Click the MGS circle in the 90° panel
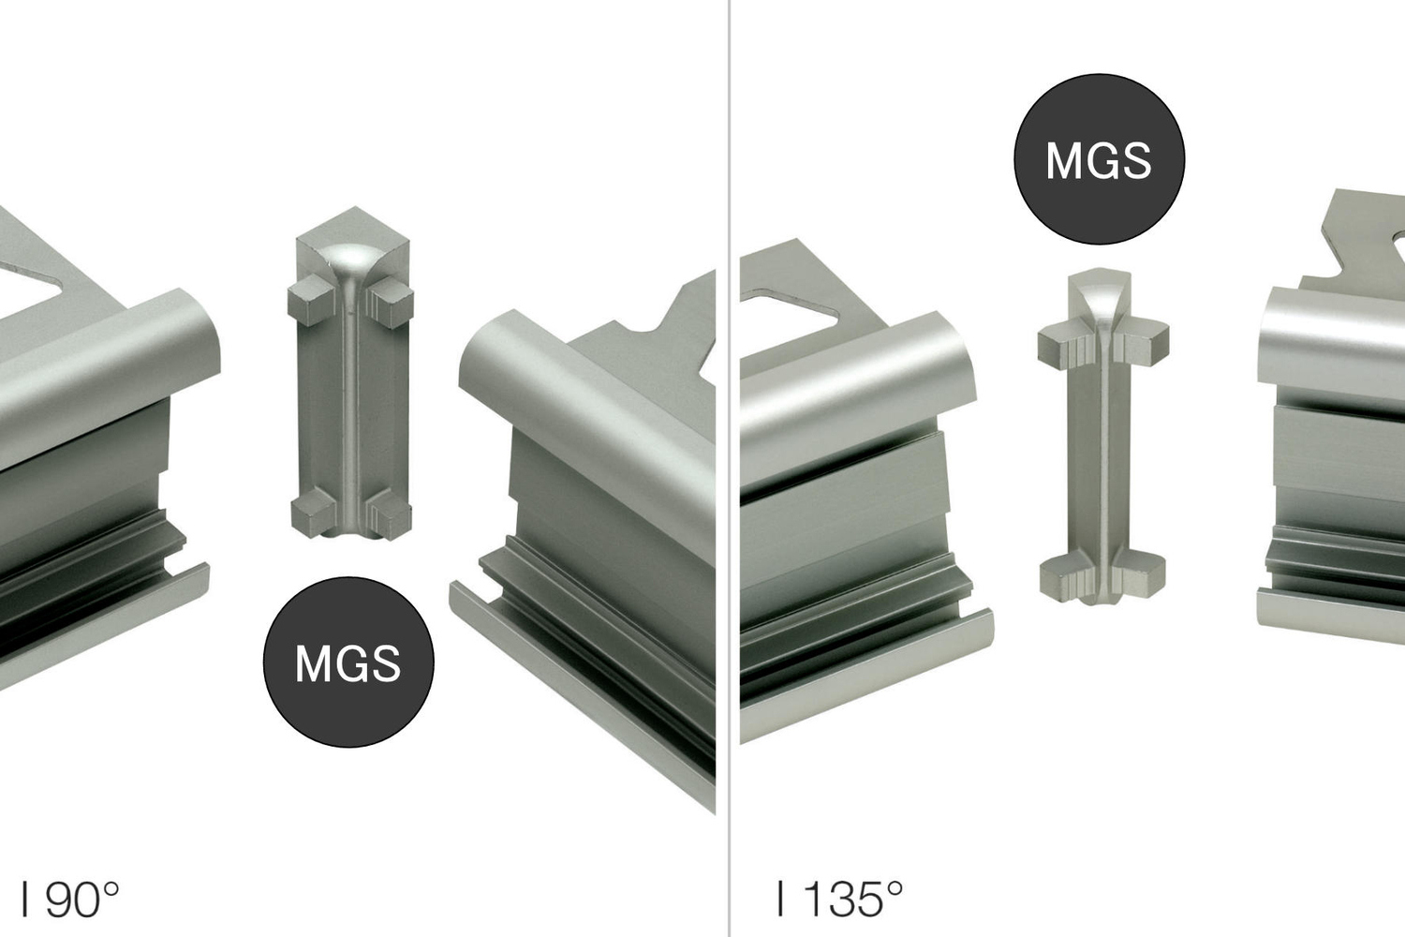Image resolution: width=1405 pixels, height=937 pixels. click(x=348, y=662)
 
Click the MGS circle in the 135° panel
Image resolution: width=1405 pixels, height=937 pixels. click(x=1099, y=159)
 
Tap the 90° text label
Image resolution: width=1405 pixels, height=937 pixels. click(x=70, y=900)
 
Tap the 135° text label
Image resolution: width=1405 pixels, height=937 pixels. click(x=840, y=899)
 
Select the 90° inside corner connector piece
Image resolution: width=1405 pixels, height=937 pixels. click(x=350, y=374)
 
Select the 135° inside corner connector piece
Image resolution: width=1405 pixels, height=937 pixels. click(x=1102, y=438)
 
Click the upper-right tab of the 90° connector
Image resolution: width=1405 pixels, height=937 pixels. click(x=391, y=304)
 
